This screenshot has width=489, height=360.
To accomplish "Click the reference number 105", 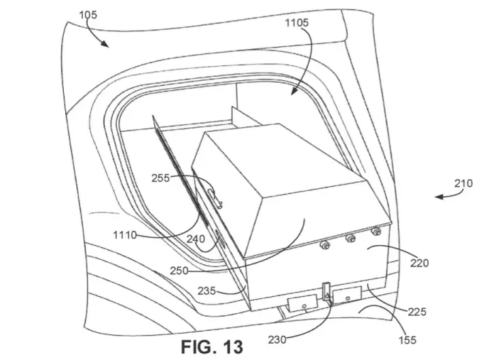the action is pyautogui.click(x=88, y=15).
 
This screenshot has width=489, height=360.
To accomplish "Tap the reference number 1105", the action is pyautogui.click(x=297, y=22).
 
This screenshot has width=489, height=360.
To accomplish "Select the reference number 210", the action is pyautogui.click(x=463, y=183).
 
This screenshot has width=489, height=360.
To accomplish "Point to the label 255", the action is pyautogui.click(x=160, y=178).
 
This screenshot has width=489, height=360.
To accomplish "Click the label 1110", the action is pyautogui.click(x=125, y=234).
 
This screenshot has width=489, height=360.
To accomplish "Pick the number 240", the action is pyautogui.click(x=196, y=239).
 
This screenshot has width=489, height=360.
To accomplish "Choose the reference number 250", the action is pyautogui.click(x=179, y=270).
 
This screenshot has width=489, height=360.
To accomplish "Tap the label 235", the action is pyautogui.click(x=206, y=291).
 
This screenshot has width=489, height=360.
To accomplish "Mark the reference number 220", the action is pyautogui.click(x=419, y=263).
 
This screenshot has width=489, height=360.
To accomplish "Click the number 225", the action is pyautogui.click(x=417, y=311).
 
